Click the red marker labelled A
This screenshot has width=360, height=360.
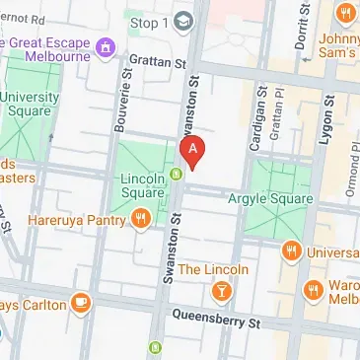[x=194, y=150]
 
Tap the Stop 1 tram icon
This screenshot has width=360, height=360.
[x=183, y=21]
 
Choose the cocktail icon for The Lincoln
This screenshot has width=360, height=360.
[x=223, y=291]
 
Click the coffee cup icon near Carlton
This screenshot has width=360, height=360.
[x=81, y=302]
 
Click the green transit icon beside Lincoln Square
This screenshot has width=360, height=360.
[x=176, y=175]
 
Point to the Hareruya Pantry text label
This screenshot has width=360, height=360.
[x=79, y=219]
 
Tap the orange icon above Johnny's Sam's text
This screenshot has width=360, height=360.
[x=344, y=13]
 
